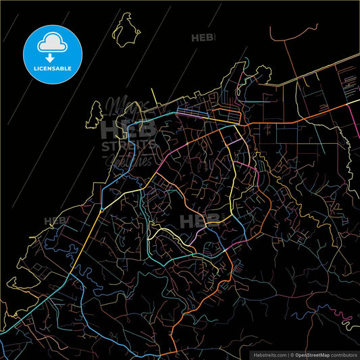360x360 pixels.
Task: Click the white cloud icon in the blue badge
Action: coord(52,42)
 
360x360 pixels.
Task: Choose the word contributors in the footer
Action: coord(344,354)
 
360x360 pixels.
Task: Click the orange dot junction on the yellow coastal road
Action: coord(101,210)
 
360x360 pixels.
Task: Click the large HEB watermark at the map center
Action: coord(200,220)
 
